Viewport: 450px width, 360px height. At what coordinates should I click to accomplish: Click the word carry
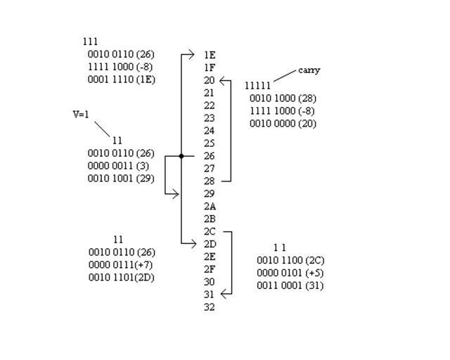tap(309, 70)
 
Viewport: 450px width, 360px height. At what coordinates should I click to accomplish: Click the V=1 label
tap(81, 115)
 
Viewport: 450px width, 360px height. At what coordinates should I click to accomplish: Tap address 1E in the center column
tap(210, 55)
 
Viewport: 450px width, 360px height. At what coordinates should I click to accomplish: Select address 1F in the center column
tap(210, 67)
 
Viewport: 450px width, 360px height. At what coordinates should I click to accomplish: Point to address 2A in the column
tap(210, 207)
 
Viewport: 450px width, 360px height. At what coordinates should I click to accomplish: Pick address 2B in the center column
tap(210, 219)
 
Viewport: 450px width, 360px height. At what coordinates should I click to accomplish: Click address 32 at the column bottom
tap(210, 307)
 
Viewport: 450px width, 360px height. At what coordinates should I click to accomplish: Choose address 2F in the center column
tap(210, 269)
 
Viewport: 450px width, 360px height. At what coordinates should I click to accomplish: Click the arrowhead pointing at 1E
tap(192, 54)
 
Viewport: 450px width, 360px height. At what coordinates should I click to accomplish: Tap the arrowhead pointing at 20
tap(224, 81)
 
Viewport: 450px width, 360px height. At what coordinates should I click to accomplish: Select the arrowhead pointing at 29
tap(176, 193)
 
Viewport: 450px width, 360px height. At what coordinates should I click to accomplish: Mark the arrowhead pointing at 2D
tap(194, 243)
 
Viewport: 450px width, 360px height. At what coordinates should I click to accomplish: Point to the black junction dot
tap(181, 156)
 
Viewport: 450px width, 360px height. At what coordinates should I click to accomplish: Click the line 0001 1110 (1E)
tap(121, 80)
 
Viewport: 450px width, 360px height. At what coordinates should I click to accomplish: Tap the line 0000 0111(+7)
tap(121, 265)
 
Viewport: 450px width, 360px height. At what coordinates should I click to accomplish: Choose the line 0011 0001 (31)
tap(290, 285)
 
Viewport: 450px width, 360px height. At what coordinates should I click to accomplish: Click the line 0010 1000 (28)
tap(283, 98)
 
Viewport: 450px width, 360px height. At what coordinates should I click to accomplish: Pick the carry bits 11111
tap(257, 86)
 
